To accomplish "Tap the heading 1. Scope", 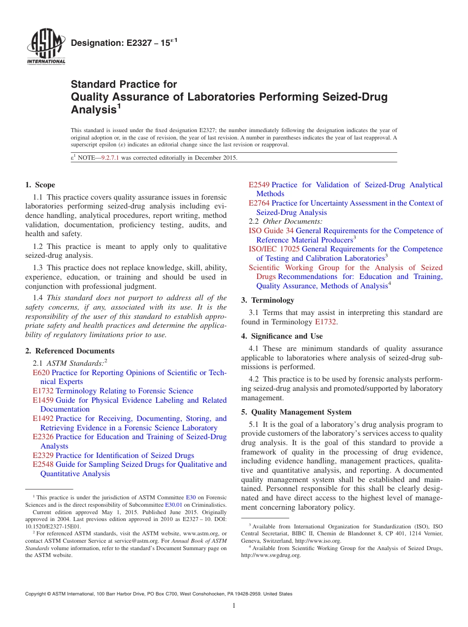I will [x=40, y=185].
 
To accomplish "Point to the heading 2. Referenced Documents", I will [x=70, y=351].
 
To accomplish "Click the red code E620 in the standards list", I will [x=41, y=373].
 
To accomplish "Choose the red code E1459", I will [x=43, y=400].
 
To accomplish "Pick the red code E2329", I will [x=43, y=455].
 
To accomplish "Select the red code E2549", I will [x=259, y=185].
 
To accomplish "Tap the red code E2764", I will [x=259, y=203].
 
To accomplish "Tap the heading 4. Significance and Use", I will [x=282, y=336].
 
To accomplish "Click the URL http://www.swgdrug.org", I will [x=270, y=555].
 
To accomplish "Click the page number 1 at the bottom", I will [x=234, y=606].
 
